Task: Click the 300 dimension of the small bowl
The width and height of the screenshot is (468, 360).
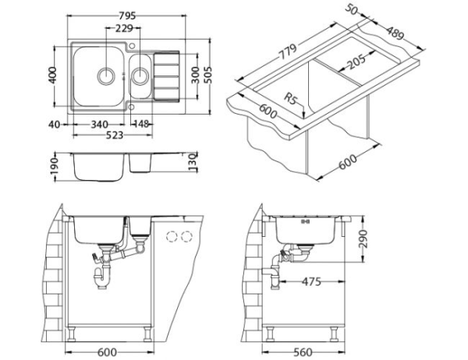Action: pyautogui.click(x=193, y=76)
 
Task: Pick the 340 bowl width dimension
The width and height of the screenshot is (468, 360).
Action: pyautogui.click(x=99, y=123)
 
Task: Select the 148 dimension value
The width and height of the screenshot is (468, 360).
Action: pyautogui.click(x=141, y=123)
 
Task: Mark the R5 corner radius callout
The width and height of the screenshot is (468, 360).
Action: pyautogui.click(x=291, y=100)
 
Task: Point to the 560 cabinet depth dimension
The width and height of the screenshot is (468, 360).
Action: pyautogui.click(x=305, y=350)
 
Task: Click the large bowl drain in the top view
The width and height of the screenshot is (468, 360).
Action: pyautogui.click(x=105, y=76)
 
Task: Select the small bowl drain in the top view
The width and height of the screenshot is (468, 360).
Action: pyautogui.click(x=141, y=76)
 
